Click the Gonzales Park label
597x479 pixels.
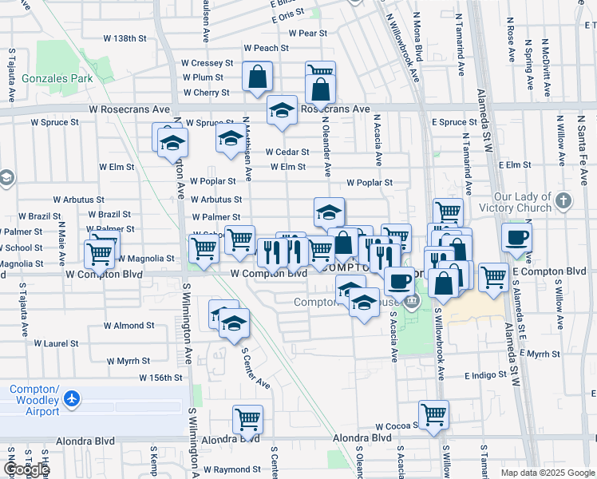click(x=57, y=78)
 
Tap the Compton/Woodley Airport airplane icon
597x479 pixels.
click(x=73, y=398)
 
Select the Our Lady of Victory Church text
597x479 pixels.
click(x=523, y=202)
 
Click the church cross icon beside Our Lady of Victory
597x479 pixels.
click(x=564, y=200)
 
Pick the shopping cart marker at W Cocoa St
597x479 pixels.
click(x=433, y=414)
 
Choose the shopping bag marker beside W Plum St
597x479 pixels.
click(x=258, y=77)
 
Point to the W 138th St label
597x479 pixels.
click(x=126, y=38)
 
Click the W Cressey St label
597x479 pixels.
click(x=207, y=62)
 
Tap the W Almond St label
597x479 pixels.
click(x=128, y=326)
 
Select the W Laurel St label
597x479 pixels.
click(x=55, y=343)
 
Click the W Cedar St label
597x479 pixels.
click(x=287, y=152)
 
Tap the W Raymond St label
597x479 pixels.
click(x=232, y=470)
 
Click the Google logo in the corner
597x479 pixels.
click(x=26, y=469)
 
